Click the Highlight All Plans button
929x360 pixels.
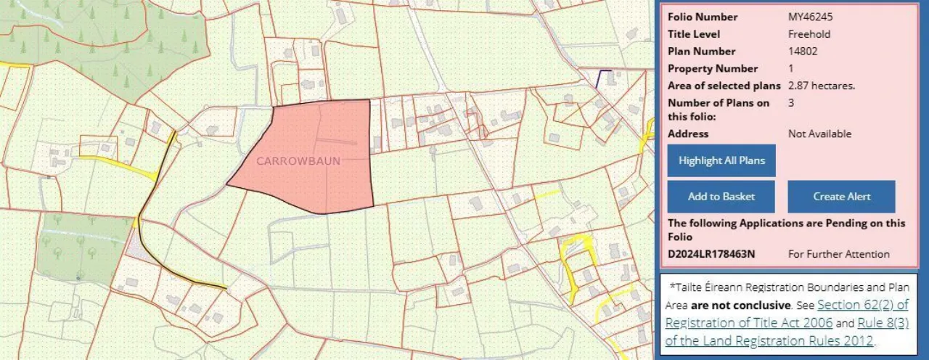tap(721, 160)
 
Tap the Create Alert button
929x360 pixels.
tap(841, 197)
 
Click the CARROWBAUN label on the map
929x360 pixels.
tap(298, 160)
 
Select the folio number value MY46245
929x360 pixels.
tap(811, 17)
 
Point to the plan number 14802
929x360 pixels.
tap(803, 51)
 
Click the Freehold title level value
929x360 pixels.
tap(809, 34)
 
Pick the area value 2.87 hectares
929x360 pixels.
tap(822, 86)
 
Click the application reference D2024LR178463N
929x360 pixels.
tap(711, 254)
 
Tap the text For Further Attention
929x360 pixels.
tap(838, 254)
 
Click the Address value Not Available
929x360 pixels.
tap(819, 134)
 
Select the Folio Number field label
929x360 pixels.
tap(703, 17)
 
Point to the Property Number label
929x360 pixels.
tap(713, 68)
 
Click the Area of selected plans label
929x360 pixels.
tap(724, 86)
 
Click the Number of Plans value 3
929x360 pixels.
tap(791, 102)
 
